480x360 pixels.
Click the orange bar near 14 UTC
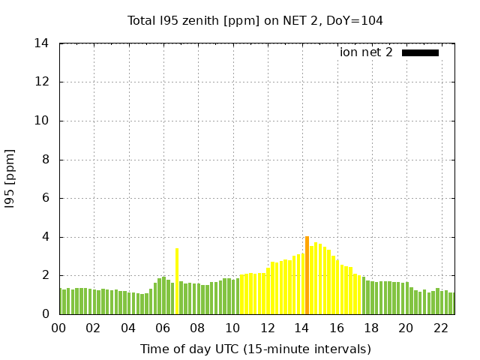pos(307,275)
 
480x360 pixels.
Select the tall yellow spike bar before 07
pos(177,281)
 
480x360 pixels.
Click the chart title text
pos(255,20)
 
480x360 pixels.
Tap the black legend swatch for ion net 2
pos(420,52)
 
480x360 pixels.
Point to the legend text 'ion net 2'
pos(366,52)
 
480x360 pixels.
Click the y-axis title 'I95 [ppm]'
pos(10,179)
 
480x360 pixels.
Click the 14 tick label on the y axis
pos(42,43)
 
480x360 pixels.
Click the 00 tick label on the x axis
pos(60,328)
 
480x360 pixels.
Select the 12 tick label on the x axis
pos(268,328)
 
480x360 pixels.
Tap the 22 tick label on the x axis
pos(441,328)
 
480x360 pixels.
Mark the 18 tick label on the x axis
pos(371,328)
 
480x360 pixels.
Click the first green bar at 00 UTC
pos(61,301)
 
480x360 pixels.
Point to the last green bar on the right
pos(451,303)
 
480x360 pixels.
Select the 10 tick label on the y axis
pos(42,121)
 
